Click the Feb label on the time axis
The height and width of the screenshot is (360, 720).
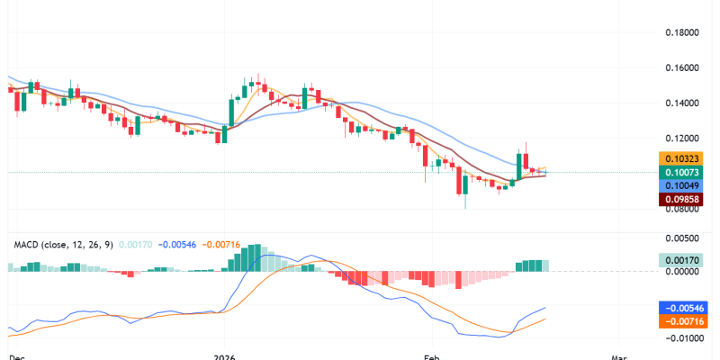(x=434, y=356)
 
